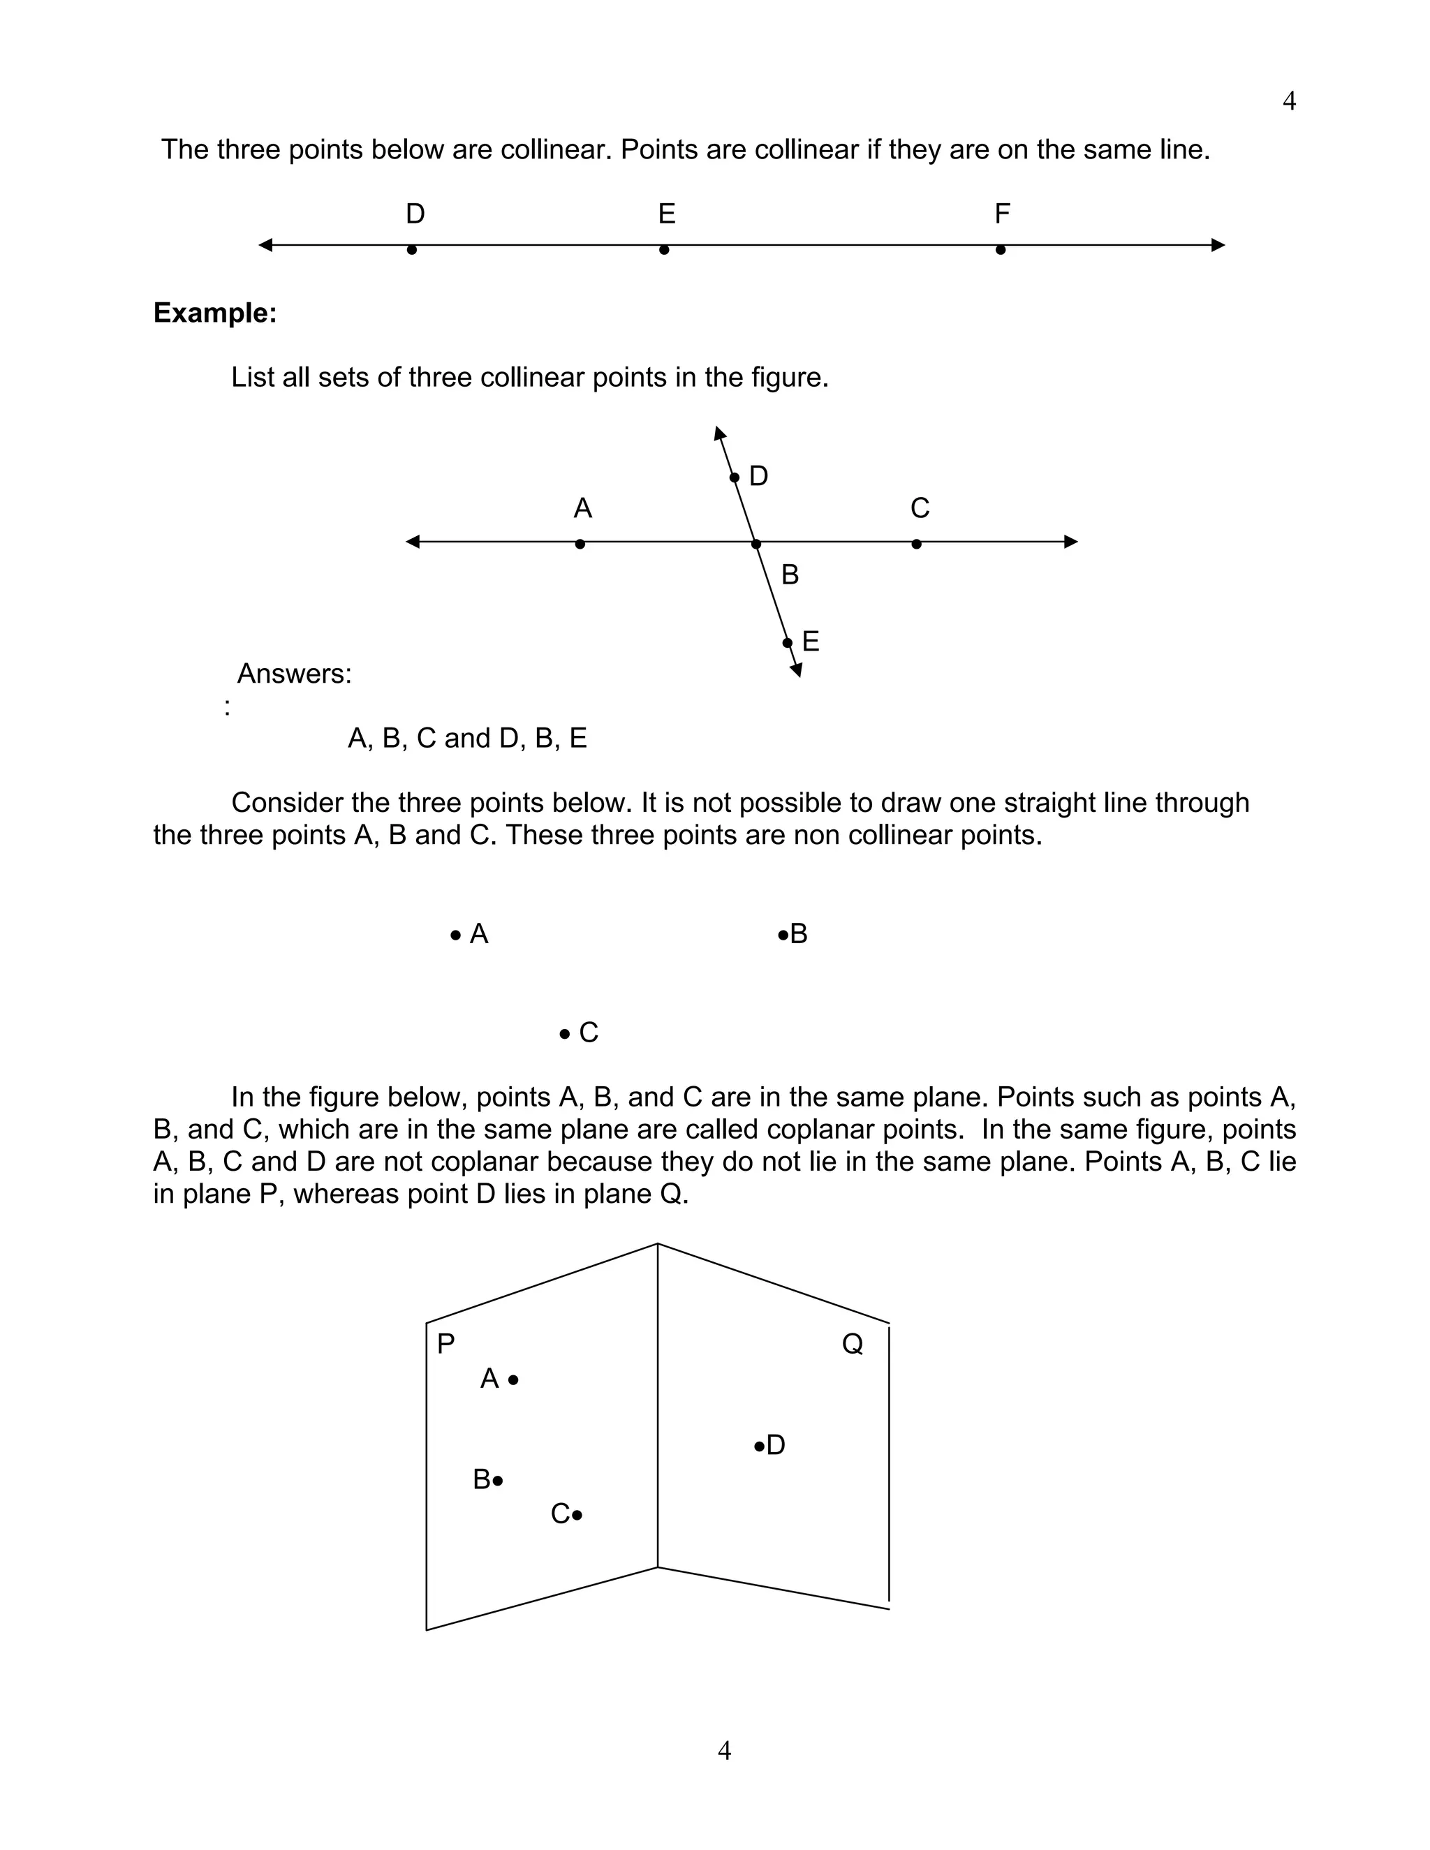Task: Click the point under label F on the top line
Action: [x=1001, y=250]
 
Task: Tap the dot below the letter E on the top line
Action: [x=664, y=250]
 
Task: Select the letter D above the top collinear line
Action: [x=415, y=214]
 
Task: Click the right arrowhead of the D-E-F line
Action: [x=1218, y=246]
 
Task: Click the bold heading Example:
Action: [x=215, y=313]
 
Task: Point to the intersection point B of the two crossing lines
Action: [x=756, y=544]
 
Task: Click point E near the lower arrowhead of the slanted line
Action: [x=787, y=643]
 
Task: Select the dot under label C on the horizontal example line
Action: [x=917, y=545]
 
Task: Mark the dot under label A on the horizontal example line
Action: [x=580, y=545]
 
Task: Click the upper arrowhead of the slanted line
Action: [x=719, y=434]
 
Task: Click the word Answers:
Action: [x=294, y=674]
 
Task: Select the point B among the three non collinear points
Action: [x=783, y=936]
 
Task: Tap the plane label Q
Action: [x=853, y=1345]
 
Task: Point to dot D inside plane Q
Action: [x=759, y=1446]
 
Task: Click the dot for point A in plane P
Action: [x=513, y=1380]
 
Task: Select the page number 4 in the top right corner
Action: [x=1288, y=102]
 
